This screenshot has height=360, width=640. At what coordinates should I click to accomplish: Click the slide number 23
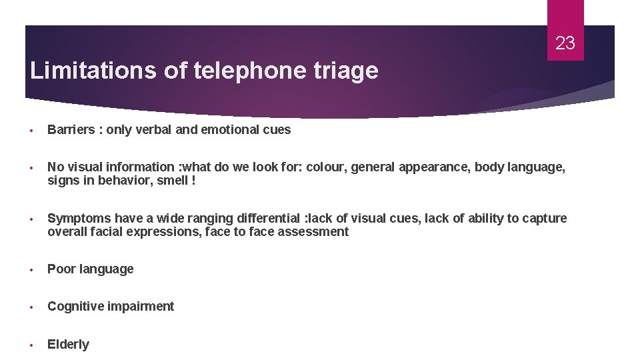(565, 44)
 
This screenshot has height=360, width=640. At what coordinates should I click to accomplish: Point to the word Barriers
(71, 130)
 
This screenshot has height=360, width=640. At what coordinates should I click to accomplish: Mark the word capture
(545, 219)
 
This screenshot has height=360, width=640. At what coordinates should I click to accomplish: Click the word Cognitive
(73, 307)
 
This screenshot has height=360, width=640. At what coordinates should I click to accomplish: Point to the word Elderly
(68, 345)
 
